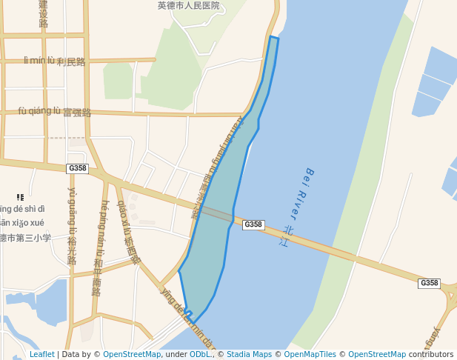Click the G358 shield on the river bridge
(x=253, y=224)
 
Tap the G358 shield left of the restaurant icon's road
(x=77, y=169)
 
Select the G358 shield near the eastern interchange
(x=429, y=283)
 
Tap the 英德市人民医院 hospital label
(x=189, y=6)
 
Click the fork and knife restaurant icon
(x=20, y=197)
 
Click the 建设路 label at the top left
(x=44, y=13)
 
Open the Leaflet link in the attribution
(x=41, y=355)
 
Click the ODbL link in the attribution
(x=200, y=355)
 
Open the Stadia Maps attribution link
(x=249, y=355)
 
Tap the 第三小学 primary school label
(x=26, y=239)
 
